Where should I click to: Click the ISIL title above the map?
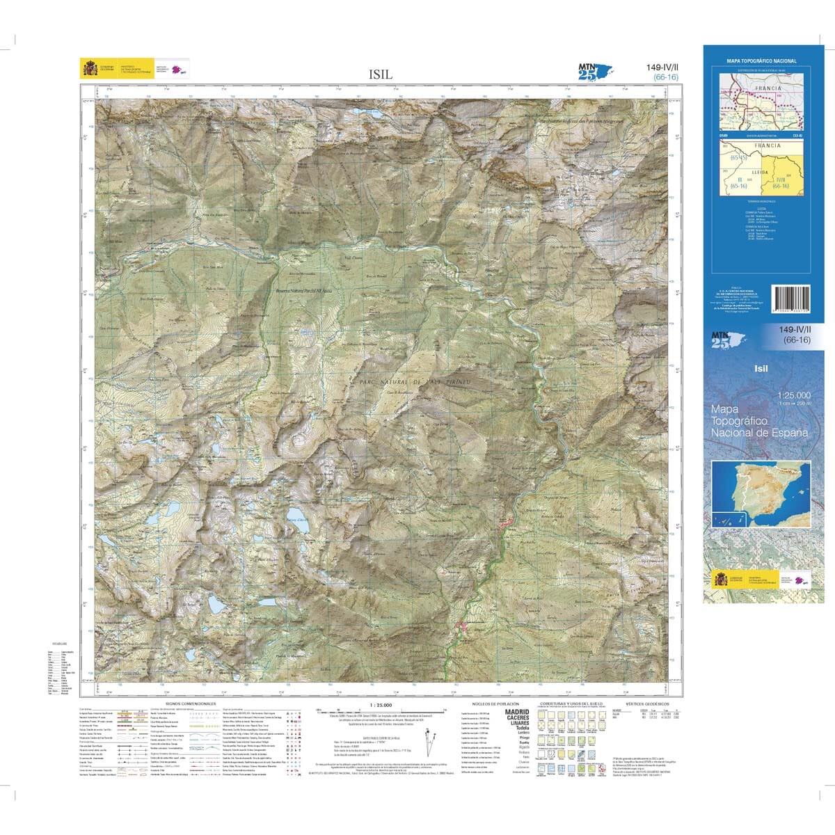point(381,73)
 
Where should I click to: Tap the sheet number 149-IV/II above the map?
point(662,67)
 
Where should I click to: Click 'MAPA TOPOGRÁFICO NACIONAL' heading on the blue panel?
point(761,61)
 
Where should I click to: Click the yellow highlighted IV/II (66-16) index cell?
point(780,182)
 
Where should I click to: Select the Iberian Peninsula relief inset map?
point(761,494)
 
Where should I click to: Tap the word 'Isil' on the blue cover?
point(761,368)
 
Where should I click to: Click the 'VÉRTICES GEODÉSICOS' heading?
point(646,704)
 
